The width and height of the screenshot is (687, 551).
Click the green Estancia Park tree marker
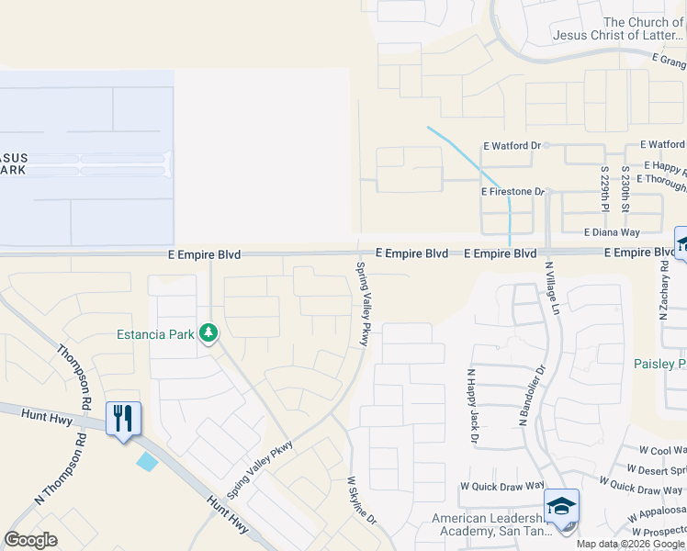(x=209, y=333)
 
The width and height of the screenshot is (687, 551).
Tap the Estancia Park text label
(x=155, y=334)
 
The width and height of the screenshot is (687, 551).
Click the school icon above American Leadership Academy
(x=561, y=506)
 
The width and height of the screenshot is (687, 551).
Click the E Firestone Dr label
(x=513, y=192)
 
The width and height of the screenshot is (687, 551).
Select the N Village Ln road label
(x=554, y=288)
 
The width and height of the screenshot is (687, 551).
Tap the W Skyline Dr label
(x=362, y=500)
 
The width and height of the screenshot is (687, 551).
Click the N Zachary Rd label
(x=663, y=289)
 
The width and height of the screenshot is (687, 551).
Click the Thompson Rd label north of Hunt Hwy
(x=75, y=377)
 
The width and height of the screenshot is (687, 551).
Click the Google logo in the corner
(x=30, y=539)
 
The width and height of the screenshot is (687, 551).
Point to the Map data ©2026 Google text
(x=629, y=544)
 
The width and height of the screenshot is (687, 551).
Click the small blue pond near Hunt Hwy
(x=147, y=461)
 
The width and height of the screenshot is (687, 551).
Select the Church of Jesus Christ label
(x=619, y=28)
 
